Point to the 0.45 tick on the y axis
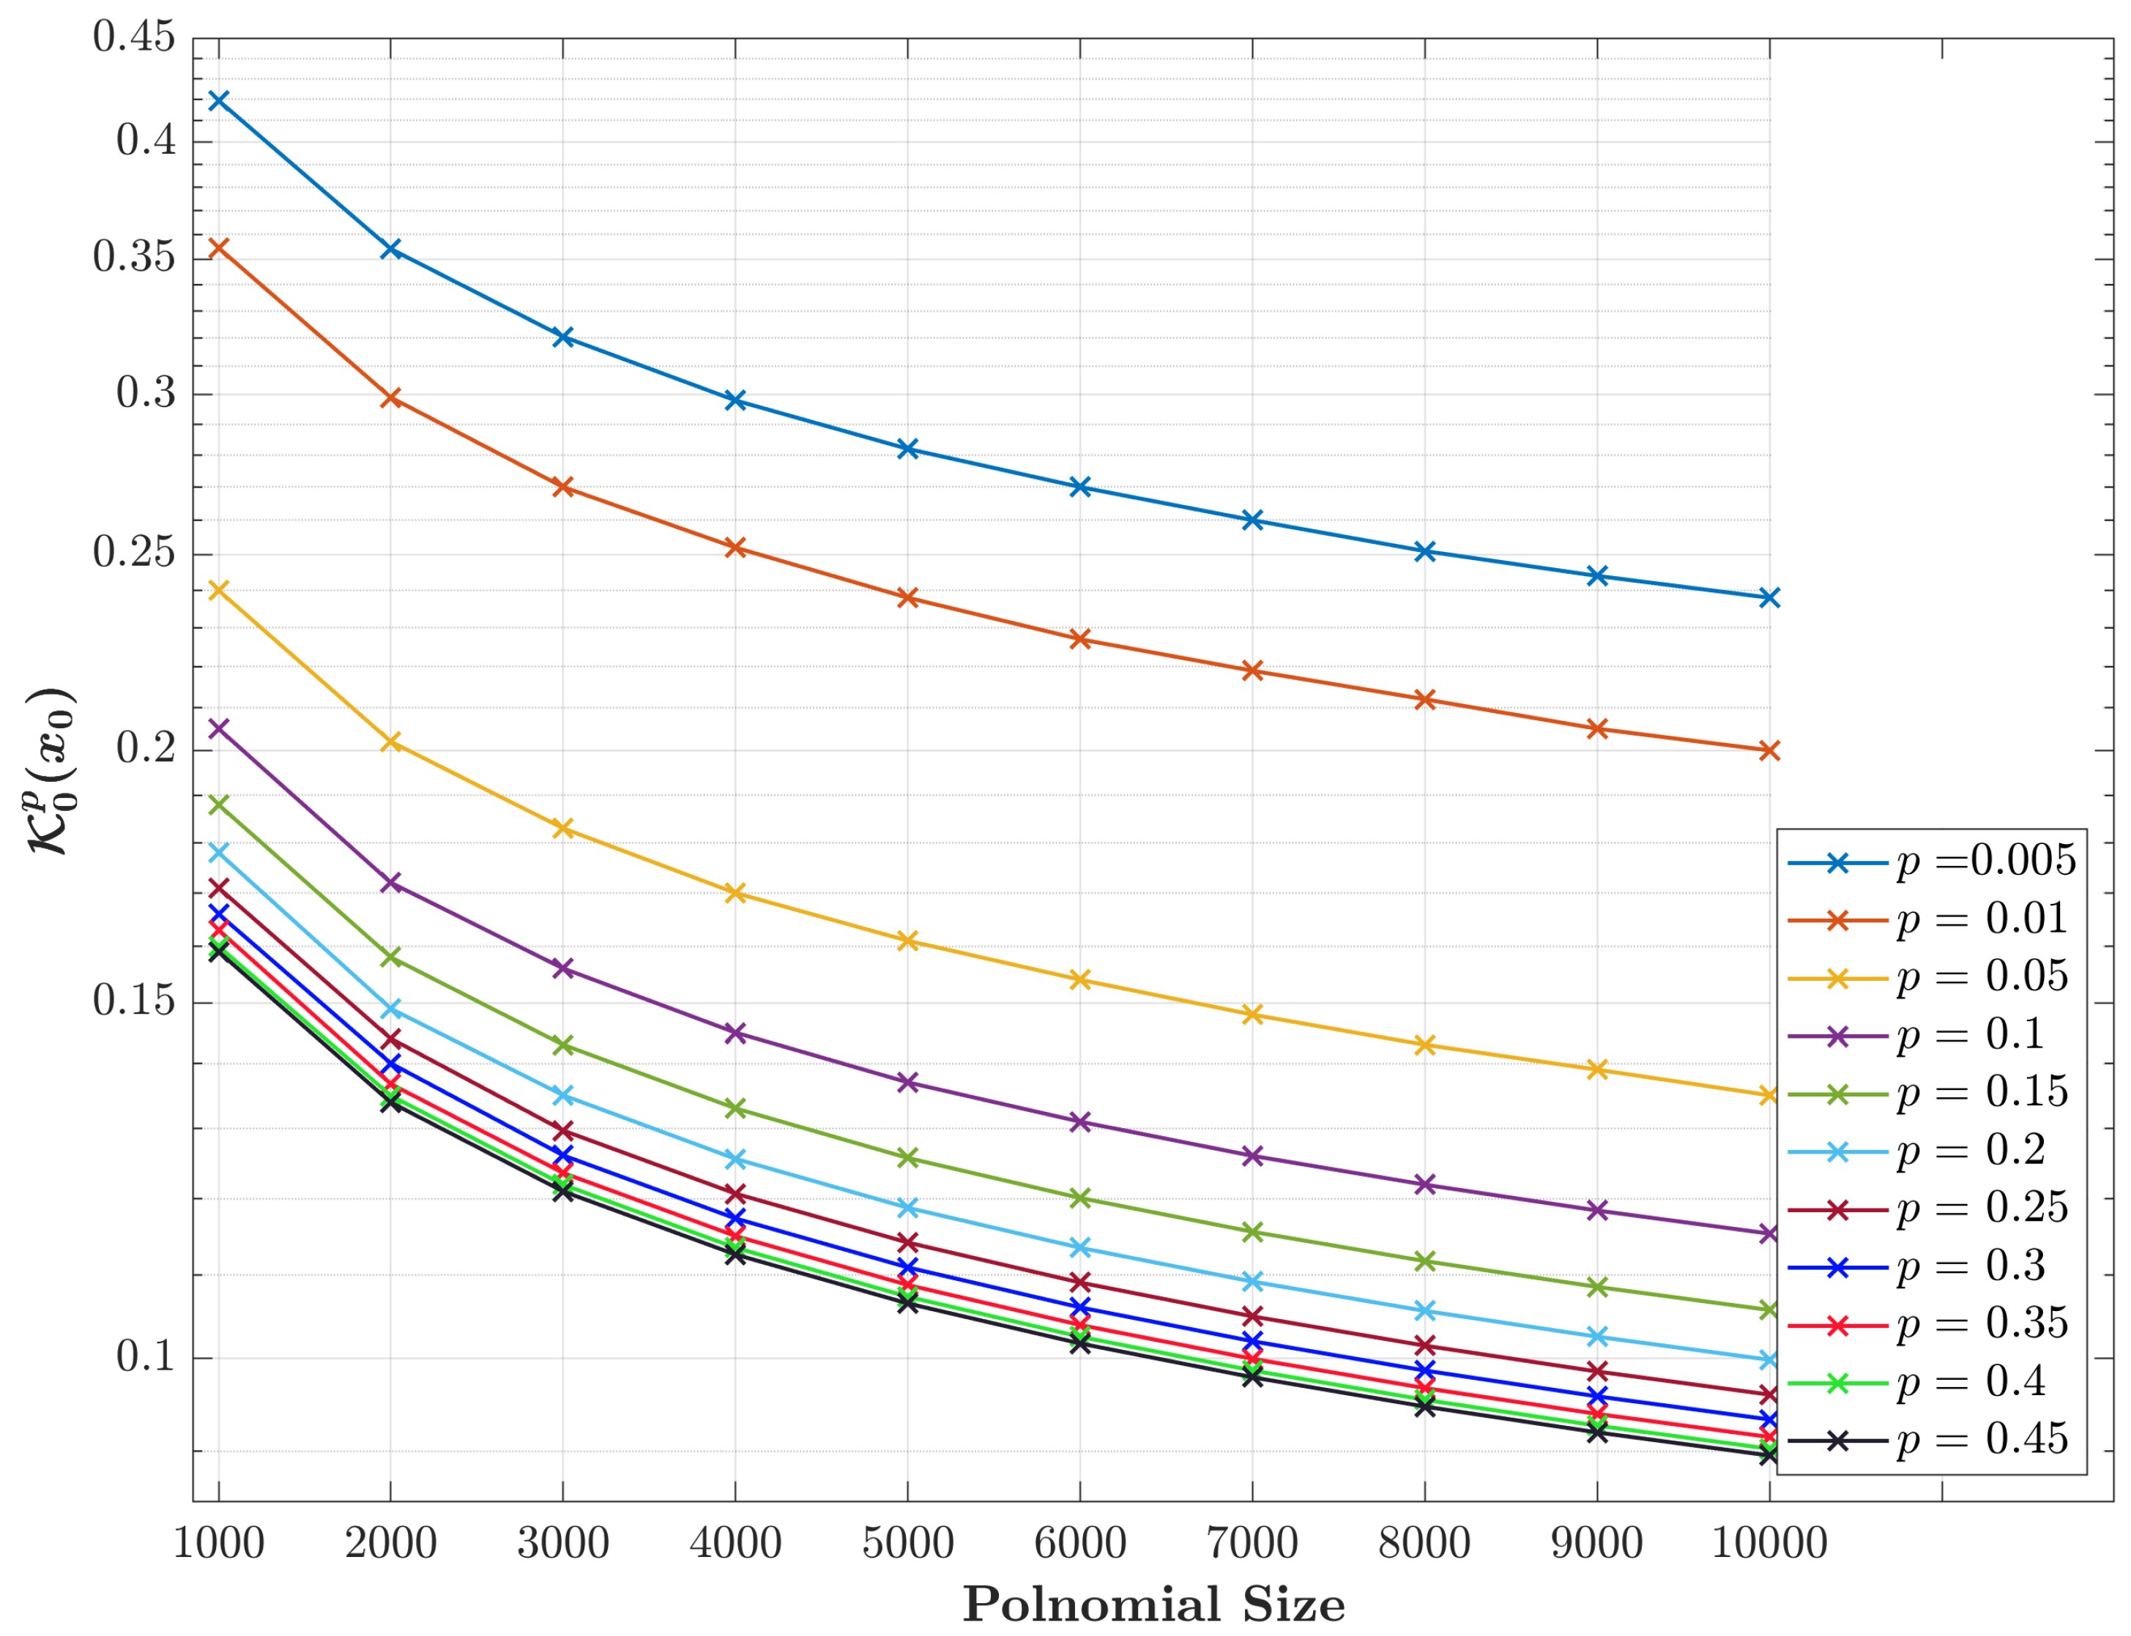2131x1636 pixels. point(133,38)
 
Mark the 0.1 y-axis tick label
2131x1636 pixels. point(146,1356)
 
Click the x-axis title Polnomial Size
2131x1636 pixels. point(1153,1604)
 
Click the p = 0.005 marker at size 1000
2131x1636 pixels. point(218,100)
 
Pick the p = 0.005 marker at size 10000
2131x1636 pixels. point(1770,597)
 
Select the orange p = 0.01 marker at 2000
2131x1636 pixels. point(390,398)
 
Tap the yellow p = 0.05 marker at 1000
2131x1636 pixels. point(218,590)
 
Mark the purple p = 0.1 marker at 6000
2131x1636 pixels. point(1079,1122)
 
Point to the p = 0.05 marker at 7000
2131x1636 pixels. point(1252,1015)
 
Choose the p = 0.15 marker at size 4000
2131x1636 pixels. point(735,1108)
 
